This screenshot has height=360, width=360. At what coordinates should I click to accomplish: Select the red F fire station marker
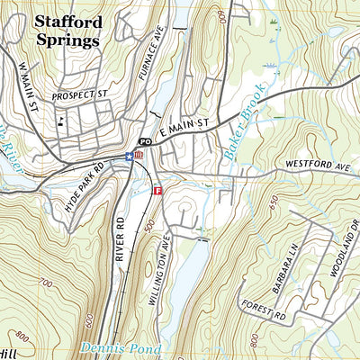[157, 191]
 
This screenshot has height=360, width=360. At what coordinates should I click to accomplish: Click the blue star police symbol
[129, 155]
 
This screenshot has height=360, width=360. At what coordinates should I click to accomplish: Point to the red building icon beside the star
[139, 155]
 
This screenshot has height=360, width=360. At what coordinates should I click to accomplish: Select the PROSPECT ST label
[78, 94]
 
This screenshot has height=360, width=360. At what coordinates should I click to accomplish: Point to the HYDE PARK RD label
[87, 181]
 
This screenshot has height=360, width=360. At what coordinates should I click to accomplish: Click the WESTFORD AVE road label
[316, 165]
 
